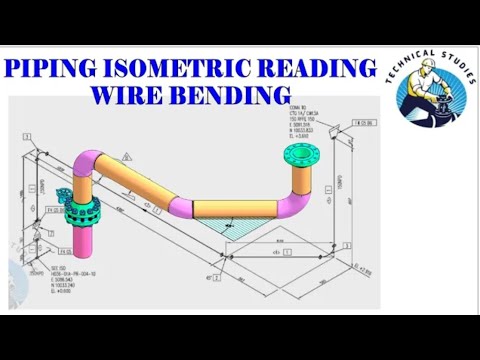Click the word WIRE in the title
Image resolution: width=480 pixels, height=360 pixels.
click(x=131, y=96)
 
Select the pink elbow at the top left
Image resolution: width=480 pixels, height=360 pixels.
click(x=85, y=164)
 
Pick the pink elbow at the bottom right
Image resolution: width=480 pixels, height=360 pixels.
click(x=290, y=206)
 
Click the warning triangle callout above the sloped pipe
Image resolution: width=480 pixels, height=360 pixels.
click(x=131, y=158)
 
